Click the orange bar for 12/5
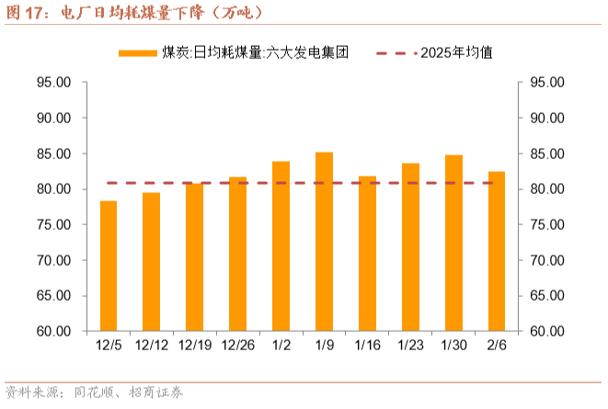pyautogui.click(x=109, y=266)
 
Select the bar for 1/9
pyautogui.click(x=324, y=242)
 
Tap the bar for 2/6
pyautogui.click(x=497, y=251)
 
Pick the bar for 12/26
pyautogui.click(x=237, y=254)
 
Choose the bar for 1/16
pyautogui.click(x=367, y=254)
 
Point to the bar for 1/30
pyautogui.click(x=453, y=243)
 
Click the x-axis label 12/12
pyautogui.click(x=152, y=345)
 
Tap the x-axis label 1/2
pyautogui.click(x=281, y=345)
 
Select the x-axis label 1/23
pyautogui.click(x=410, y=345)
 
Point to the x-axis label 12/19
pyautogui.click(x=195, y=345)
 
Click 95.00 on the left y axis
pyautogui.click(x=54, y=82)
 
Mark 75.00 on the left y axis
pyautogui.click(x=54, y=224)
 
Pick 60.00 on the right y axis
pyautogui.click(x=547, y=331)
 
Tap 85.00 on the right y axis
pyautogui.click(x=547, y=153)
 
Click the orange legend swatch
pyautogui.click(x=138, y=53)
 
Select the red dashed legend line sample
pyautogui.click(x=396, y=53)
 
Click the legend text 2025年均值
pyautogui.click(x=457, y=52)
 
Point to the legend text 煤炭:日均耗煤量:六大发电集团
pyautogui.click(x=256, y=52)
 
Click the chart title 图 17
pyautogui.click(x=24, y=13)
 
